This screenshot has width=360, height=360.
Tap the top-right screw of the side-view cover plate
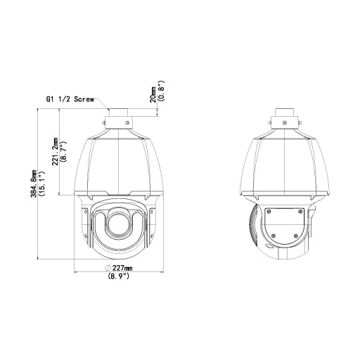[x=300, y=211]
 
